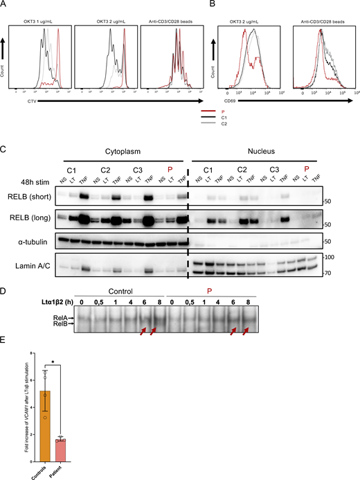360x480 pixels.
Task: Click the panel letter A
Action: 6,5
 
